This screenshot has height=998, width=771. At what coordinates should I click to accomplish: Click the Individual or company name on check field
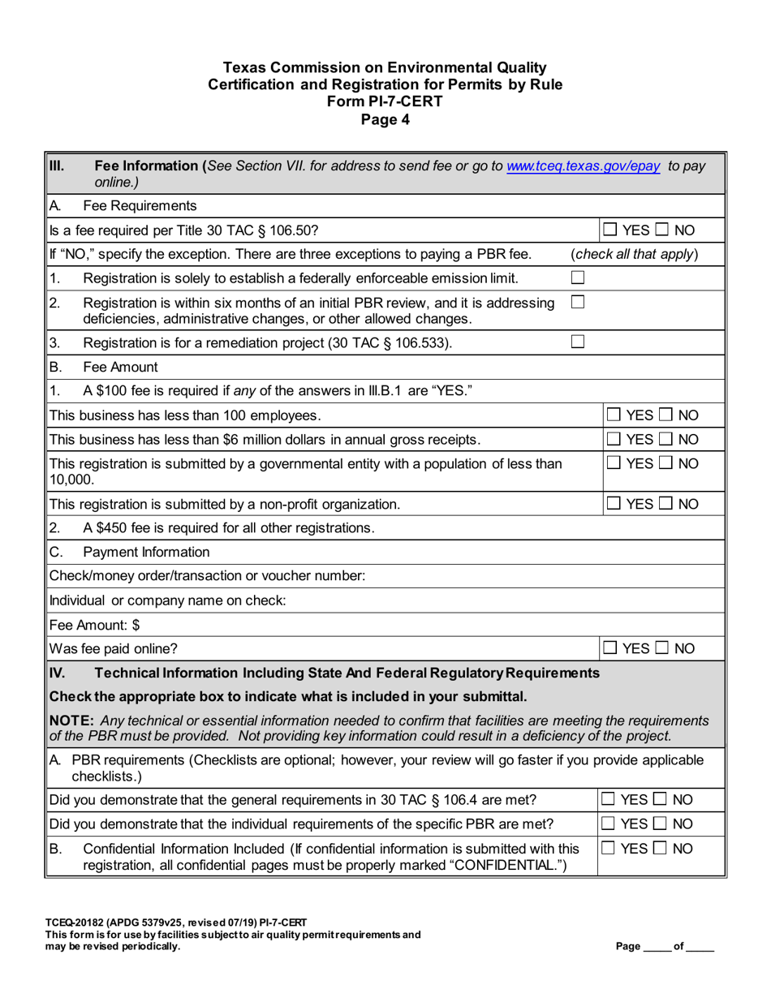click(406, 602)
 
